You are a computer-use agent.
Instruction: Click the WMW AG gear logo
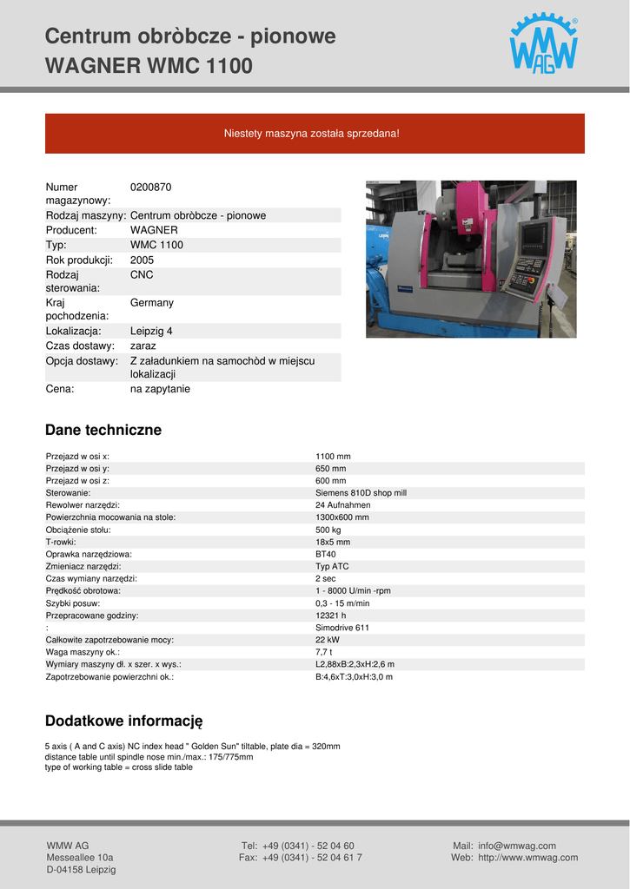pyautogui.click(x=543, y=44)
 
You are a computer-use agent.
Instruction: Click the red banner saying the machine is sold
pyautogui.click(x=315, y=134)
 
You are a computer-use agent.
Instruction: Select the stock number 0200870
pyautogui.click(x=151, y=187)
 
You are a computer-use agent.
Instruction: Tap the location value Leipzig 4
pyautogui.click(x=151, y=331)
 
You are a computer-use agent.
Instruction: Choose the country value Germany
pyautogui.click(x=152, y=302)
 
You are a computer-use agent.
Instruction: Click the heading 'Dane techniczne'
pyautogui.click(x=103, y=430)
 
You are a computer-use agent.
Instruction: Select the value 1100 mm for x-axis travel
pyautogui.click(x=333, y=456)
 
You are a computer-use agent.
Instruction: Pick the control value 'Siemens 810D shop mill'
pyautogui.click(x=361, y=492)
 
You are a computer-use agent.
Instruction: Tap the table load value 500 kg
pyautogui.click(x=328, y=529)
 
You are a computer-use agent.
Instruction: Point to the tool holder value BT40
pyautogui.click(x=326, y=554)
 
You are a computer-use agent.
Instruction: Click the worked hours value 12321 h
pyautogui.click(x=331, y=616)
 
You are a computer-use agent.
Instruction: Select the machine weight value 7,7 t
pyautogui.click(x=323, y=652)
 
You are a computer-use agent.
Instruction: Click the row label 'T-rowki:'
pyautogui.click(x=61, y=542)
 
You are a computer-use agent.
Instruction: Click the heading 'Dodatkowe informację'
pyautogui.click(x=123, y=721)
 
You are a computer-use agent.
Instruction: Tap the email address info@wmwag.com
pyautogui.click(x=516, y=846)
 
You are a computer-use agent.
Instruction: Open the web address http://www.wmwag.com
pyautogui.click(x=527, y=858)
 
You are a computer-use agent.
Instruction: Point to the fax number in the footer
pyautogui.click(x=312, y=858)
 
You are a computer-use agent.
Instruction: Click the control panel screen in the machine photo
pyautogui.click(x=534, y=235)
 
